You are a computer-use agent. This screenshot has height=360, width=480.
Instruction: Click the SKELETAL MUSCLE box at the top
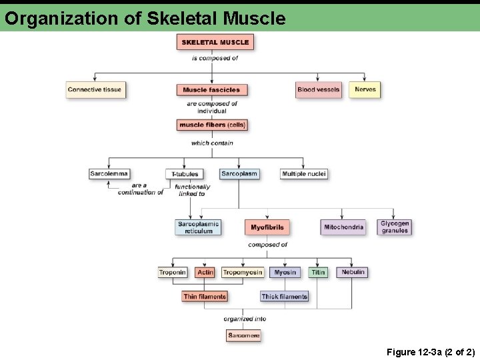[215, 42]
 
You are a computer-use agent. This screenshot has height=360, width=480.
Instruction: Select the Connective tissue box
[95, 90]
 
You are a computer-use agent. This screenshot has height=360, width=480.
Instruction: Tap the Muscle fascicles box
[211, 90]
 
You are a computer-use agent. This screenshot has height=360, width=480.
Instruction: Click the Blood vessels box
[318, 90]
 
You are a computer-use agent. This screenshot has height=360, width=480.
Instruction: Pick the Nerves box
[365, 90]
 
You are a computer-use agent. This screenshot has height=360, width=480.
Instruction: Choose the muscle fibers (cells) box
[212, 125]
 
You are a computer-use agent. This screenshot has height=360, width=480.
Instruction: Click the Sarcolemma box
[109, 174]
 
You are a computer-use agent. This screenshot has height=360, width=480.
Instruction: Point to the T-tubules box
[184, 174]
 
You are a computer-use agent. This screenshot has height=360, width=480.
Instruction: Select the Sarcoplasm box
[239, 174]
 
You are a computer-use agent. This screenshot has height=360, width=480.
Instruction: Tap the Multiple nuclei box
[304, 174]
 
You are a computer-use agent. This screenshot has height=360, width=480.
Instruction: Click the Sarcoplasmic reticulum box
[198, 227]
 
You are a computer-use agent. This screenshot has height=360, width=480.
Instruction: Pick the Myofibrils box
[267, 227]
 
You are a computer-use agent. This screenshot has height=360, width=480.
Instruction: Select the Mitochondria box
[343, 227]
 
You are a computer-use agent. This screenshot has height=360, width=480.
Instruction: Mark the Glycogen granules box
[395, 227]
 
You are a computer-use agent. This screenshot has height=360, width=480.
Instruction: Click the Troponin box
[172, 272]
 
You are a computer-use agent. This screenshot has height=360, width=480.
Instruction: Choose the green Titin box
[318, 272]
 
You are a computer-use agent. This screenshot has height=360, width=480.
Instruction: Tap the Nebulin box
[353, 272]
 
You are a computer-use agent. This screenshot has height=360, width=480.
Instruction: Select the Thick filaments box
[284, 297]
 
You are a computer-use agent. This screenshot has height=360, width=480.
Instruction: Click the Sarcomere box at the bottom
[243, 335]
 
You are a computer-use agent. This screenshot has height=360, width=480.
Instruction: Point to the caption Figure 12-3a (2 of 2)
[430, 352]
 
